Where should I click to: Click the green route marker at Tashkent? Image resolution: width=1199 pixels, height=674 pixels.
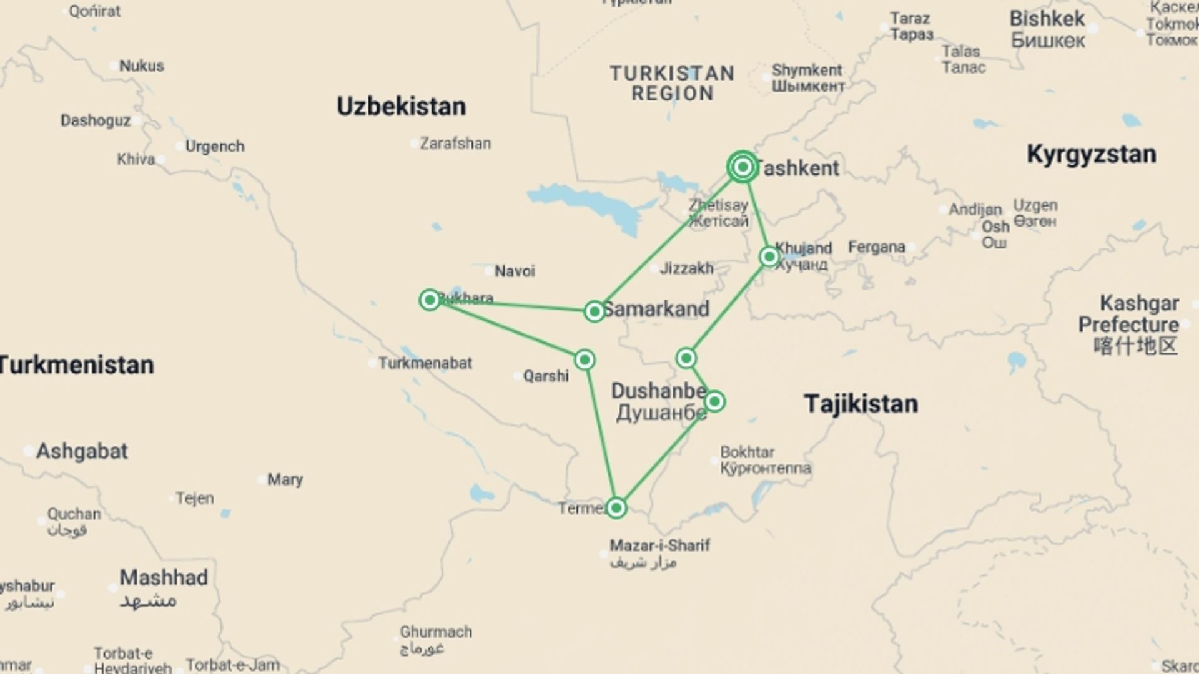(743, 167)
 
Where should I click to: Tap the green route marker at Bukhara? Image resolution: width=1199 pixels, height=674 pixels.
(430, 300)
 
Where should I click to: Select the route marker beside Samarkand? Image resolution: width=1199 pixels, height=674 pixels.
(594, 311)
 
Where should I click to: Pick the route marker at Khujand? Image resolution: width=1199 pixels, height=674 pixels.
(769, 256)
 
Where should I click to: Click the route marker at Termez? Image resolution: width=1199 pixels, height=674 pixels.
(616, 508)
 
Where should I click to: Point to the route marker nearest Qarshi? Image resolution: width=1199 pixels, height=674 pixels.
(585, 359)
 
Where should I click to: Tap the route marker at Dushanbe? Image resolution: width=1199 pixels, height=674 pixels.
(714, 401)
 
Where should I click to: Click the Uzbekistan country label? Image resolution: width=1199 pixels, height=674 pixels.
(401, 107)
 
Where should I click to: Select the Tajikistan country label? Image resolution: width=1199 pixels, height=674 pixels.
(861, 404)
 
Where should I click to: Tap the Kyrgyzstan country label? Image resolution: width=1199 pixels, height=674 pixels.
(1091, 154)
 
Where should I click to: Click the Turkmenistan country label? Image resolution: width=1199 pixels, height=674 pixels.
(76, 365)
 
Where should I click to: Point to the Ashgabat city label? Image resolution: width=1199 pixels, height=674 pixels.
(82, 451)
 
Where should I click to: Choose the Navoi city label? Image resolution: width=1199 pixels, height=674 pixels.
(515, 271)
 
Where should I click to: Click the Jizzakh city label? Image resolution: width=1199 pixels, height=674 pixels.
(686, 268)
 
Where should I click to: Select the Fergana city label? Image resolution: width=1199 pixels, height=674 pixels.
(876, 248)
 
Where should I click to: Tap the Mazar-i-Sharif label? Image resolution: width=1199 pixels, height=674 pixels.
(659, 546)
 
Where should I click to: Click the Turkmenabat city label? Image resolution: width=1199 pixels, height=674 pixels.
(425, 363)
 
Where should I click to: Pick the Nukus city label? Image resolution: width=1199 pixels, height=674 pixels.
(141, 66)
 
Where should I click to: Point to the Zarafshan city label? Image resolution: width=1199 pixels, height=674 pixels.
(455, 144)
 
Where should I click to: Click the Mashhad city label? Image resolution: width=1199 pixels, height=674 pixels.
(164, 578)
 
